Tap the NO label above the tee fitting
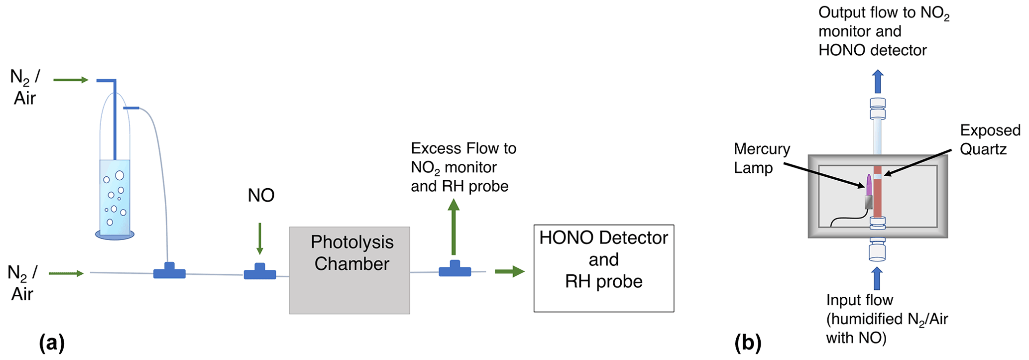pyautogui.click(x=261, y=196)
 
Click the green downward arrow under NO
pyautogui.click(x=260, y=239)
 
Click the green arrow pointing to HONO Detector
pyautogui.click(x=510, y=271)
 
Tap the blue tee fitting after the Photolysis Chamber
pyautogui.click(x=455, y=269)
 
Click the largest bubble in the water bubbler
pyautogui.click(x=119, y=175)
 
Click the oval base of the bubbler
pyautogui.click(x=115, y=235)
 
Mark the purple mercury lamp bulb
pyautogui.click(x=869, y=185)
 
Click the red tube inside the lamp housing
pyautogui.click(x=877, y=199)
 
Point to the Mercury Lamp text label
pyautogui.click(x=762, y=158)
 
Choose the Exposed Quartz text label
pyautogui.click(x=990, y=140)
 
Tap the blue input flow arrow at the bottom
pyautogui.click(x=877, y=278)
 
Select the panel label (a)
pyautogui.click(x=52, y=343)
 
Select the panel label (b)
pyautogui.click(x=748, y=343)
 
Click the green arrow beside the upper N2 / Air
pyautogui.click(x=71, y=80)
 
